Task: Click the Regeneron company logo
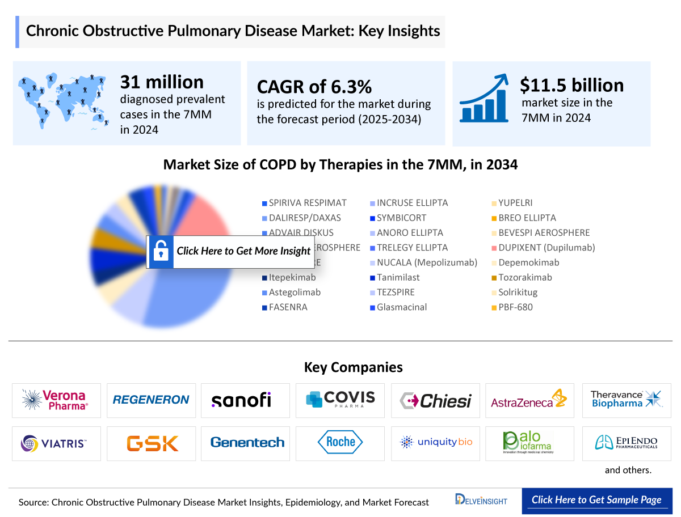tap(151, 400)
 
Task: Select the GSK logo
tap(152, 443)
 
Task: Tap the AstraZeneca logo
tap(529, 400)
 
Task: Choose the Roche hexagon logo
tap(340, 442)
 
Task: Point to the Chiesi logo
tap(435, 400)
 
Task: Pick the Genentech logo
tap(247, 442)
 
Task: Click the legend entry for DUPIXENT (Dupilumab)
tap(546, 248)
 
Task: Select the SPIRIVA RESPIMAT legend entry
tap(307, 203)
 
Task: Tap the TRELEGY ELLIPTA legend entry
tap(412, 248)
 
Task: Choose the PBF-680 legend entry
tap(515, 307)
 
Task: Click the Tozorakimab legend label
tap(524, 278)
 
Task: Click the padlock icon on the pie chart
tap(161, 251)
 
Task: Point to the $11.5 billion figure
tap(571, 85)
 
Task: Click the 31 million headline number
tap(162, 82)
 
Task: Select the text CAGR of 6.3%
tap(314, 87)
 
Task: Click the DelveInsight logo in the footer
tap(481, 500)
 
